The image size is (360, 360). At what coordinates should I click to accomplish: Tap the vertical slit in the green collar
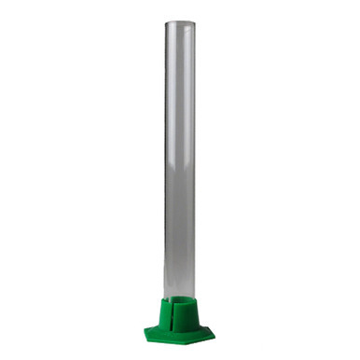click(x=180, y=312)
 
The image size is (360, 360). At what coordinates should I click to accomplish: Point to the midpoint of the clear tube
click(x=180, y=159)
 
